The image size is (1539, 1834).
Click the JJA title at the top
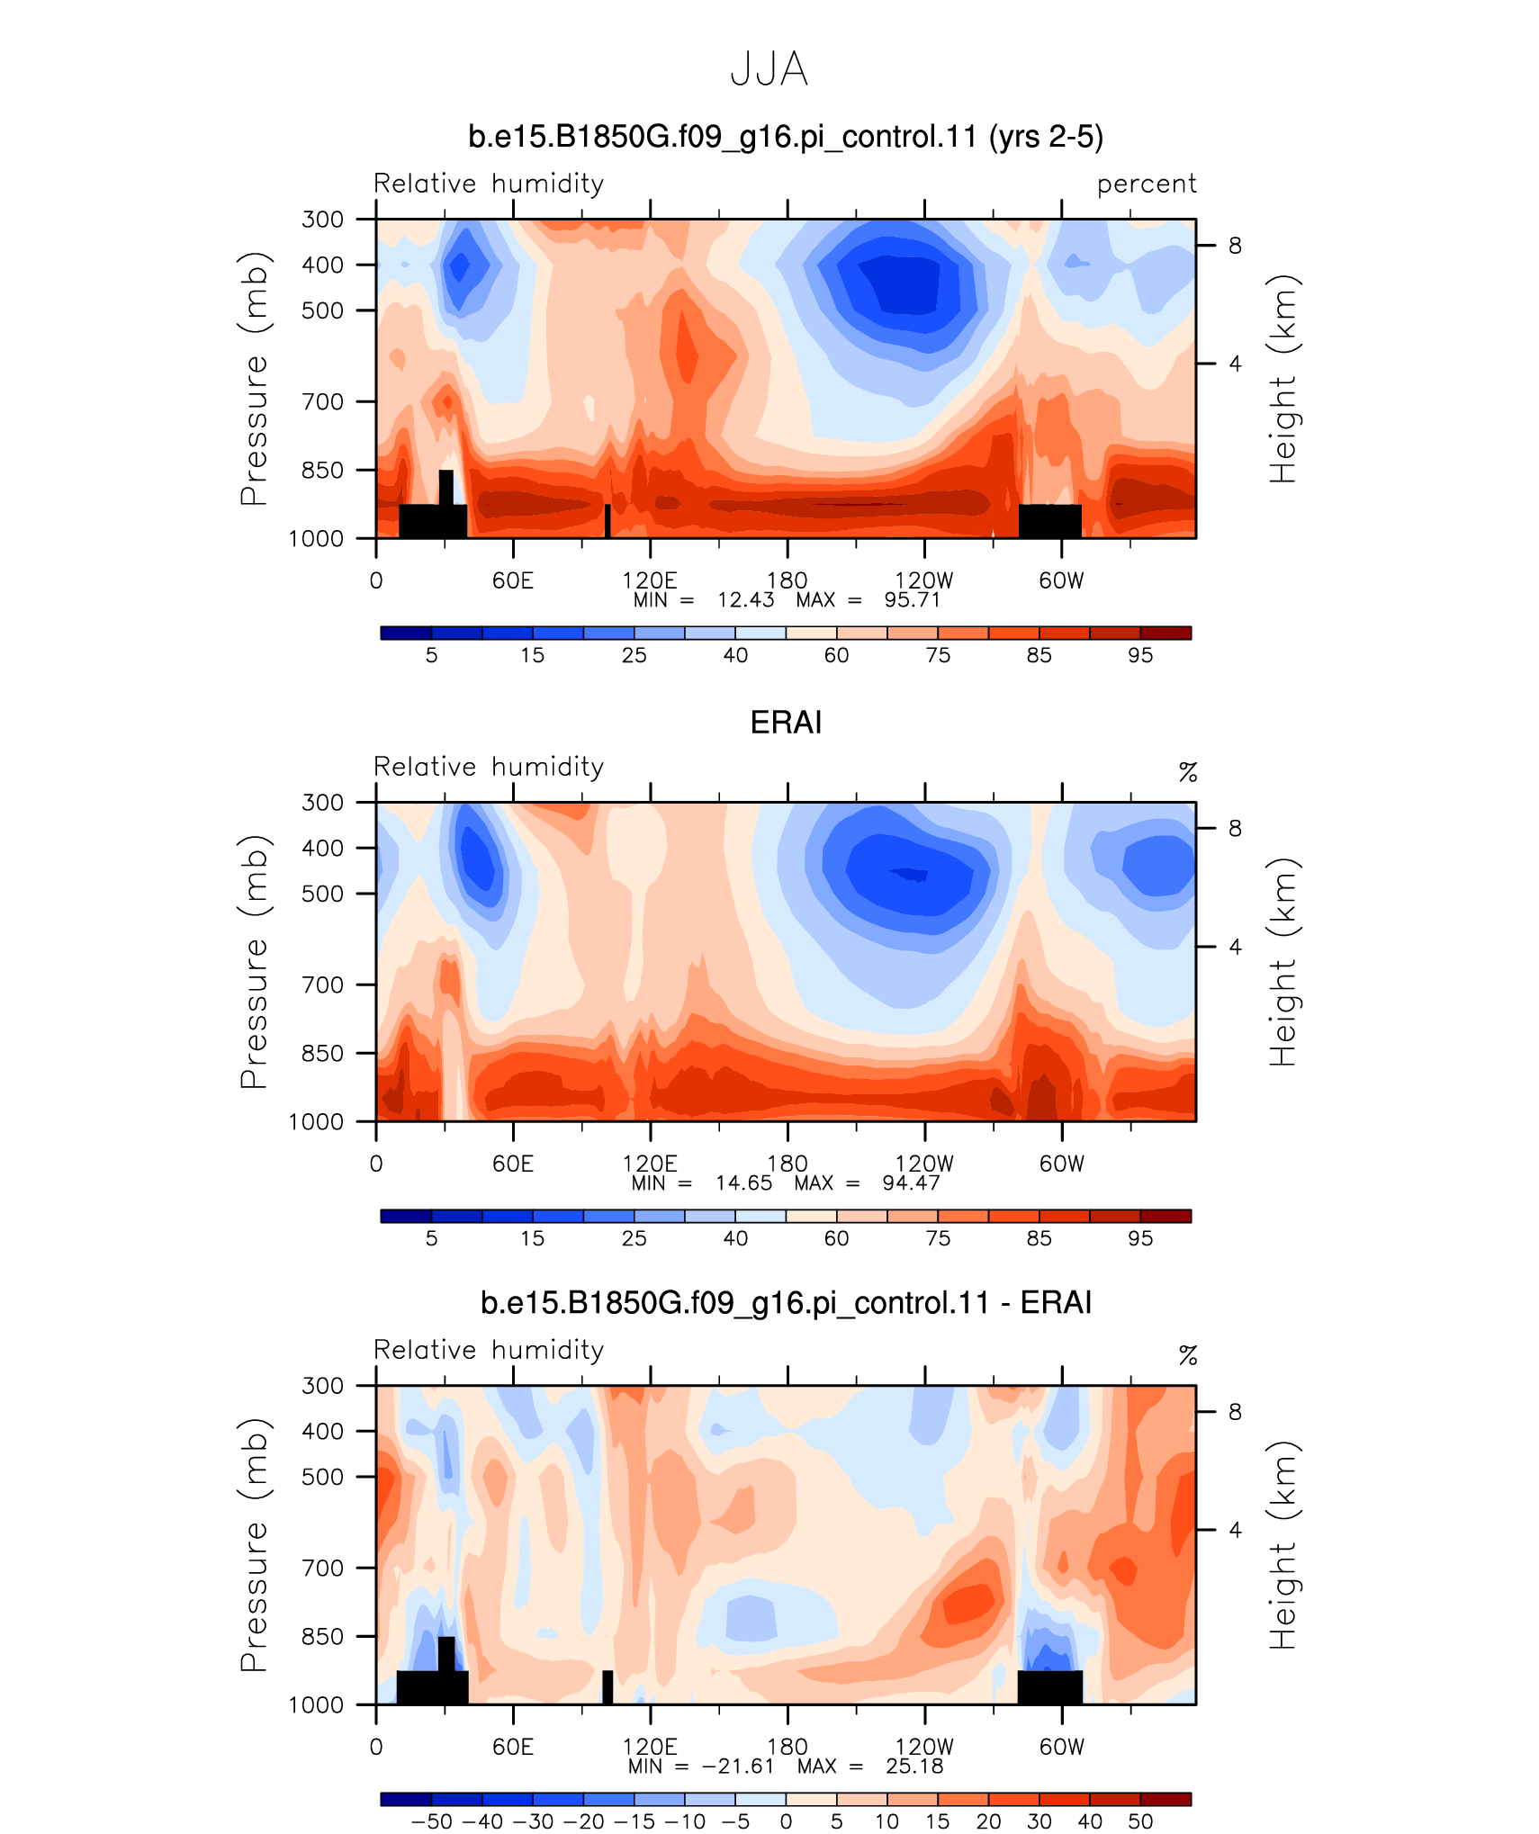pyautogui.click(x=769, y=69)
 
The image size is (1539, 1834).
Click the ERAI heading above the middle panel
pyautogui.click(x=786, y=723)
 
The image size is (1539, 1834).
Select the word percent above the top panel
pyautogui.click(x=1147, y=184)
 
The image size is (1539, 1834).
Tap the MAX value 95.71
pyautogui.click(x=912, y=600)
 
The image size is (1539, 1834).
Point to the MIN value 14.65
pyautogui.click(x=743, y=1182)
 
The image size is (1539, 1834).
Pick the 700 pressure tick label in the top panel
pyautogui.click(x=323, y=401)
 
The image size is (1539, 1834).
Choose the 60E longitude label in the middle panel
pyautogui.click(x=513, y=1164)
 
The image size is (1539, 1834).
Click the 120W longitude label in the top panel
pyautogui.click(x=923, y=580)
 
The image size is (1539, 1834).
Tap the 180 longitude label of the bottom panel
pyautogui.click(x=787, y=1747)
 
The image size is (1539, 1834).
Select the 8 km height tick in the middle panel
pyautogui.click(x=1235, y=828)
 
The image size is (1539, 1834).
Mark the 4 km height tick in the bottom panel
pyautogui.click(x=1235, y=1530)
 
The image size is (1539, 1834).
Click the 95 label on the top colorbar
pyautogui.click(x=1140, y=655)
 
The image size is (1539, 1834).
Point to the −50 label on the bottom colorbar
pyautogui.click(x=432, y=1821)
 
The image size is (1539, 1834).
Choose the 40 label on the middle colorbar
pyautogui.click(x=735, y=1238)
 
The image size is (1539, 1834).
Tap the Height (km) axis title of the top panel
pyautogui.click(x=1283, y=378)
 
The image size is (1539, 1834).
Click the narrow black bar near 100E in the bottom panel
pyautogui.click(x=607, y=1686)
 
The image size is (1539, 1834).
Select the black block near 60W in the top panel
pyautogui.click(x=1049, y=521)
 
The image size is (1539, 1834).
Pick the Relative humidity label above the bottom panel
pyautogui.click(x=489, y=1350)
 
